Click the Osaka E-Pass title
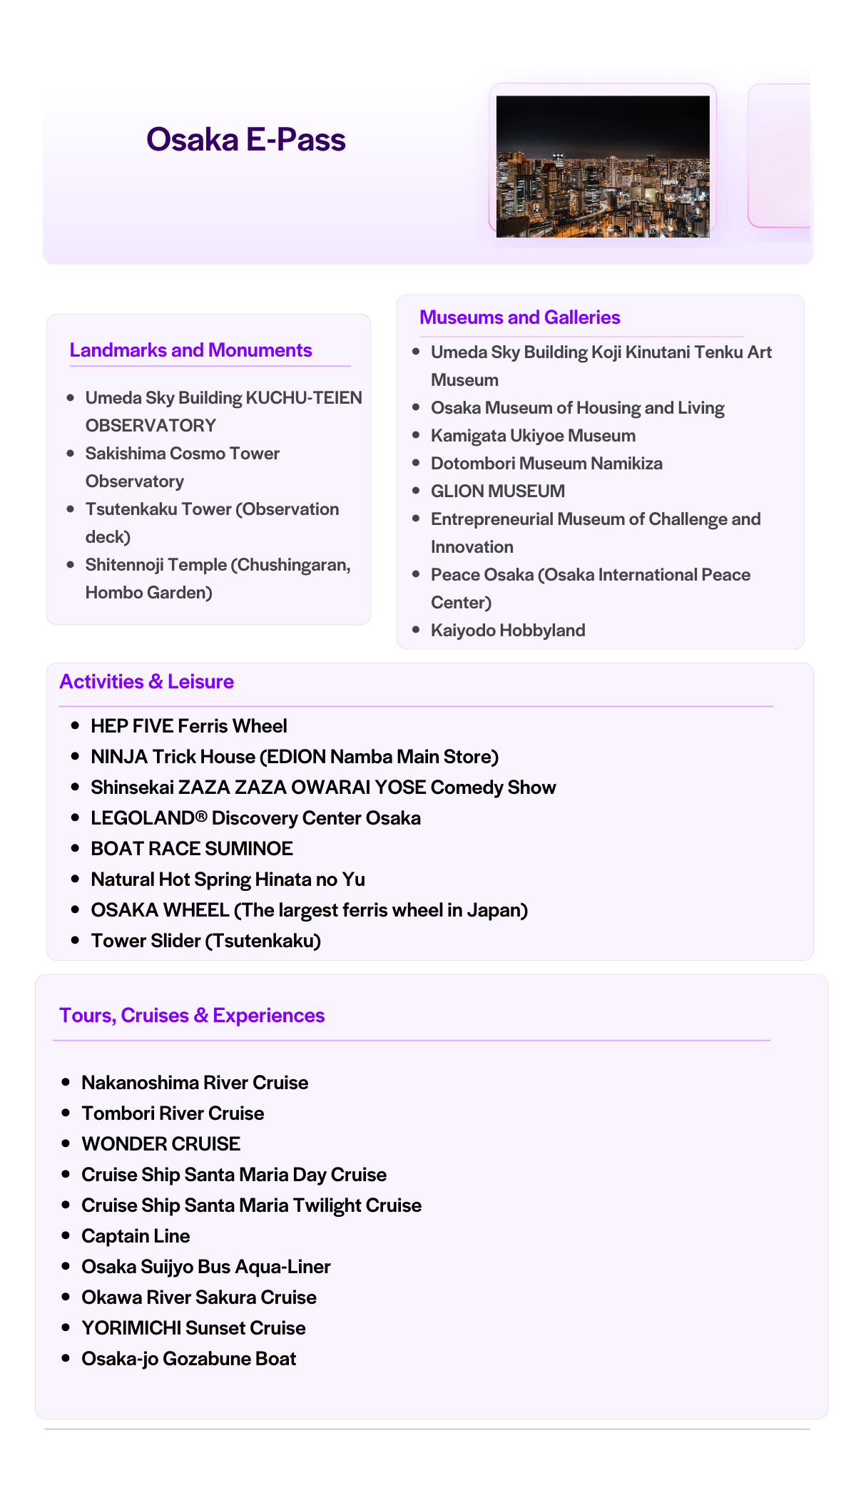[x=245, y=140]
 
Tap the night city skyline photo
[x=603, y=166]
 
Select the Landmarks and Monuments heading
[x=190, y=350]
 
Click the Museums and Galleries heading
[x=519, y=317]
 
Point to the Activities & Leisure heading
[x=146, y=682]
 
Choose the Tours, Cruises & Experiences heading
[x=192, y=1016]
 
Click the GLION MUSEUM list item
[x=497, y=491]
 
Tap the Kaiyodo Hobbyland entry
[x=507, y=631]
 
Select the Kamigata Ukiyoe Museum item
[x=532, y=436]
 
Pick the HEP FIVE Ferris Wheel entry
[x=188, y=726]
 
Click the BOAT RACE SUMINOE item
[x=191, y=849]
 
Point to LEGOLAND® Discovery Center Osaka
[x=255, y=818]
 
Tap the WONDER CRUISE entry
[x=160, y=1144]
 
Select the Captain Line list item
[x=136, y=1236]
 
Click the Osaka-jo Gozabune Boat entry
[x=188, y=1359]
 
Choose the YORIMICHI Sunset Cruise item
[x=193, y=1328]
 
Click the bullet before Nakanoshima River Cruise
[x=66, y=1082]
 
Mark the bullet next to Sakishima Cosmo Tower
[x=70, y=454]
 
